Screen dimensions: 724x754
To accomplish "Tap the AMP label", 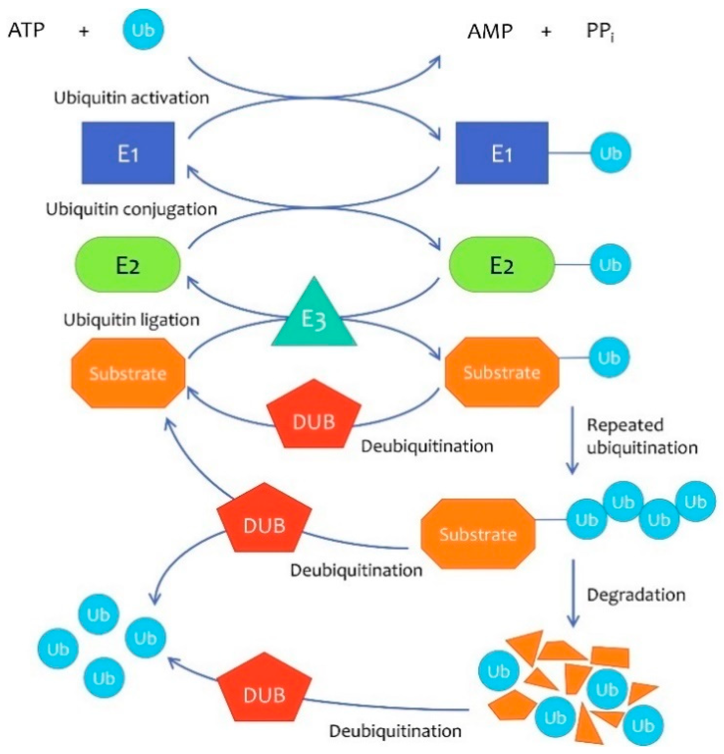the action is pos(490,31).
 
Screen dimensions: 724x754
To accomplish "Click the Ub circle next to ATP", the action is pos(143,29).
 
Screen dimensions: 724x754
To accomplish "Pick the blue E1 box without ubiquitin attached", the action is pos(128,153).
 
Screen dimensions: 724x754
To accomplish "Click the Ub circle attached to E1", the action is pos(610,153).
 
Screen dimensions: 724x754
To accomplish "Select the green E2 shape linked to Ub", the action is pos(502,265).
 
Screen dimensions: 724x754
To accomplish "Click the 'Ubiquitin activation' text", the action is pos(132,98).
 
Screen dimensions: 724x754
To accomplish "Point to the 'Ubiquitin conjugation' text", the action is pos(132,209).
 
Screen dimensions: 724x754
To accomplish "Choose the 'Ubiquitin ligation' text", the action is pos(132,320).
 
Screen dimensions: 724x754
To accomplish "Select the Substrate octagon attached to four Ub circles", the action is pos(478,534).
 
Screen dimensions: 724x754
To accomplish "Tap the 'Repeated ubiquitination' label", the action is pos(642,436).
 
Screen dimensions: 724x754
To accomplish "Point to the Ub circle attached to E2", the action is pos(610,265).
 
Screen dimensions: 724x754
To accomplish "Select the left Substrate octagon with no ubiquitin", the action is pos(128,373).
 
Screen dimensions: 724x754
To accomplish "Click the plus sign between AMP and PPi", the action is pos(546,32).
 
